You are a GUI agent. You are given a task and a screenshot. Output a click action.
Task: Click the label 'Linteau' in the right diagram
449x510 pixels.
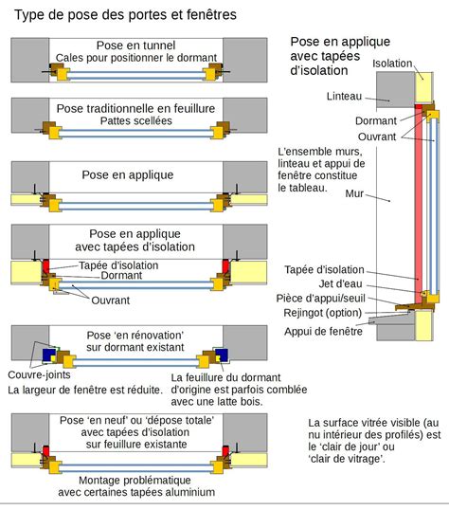tap(344, 97)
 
